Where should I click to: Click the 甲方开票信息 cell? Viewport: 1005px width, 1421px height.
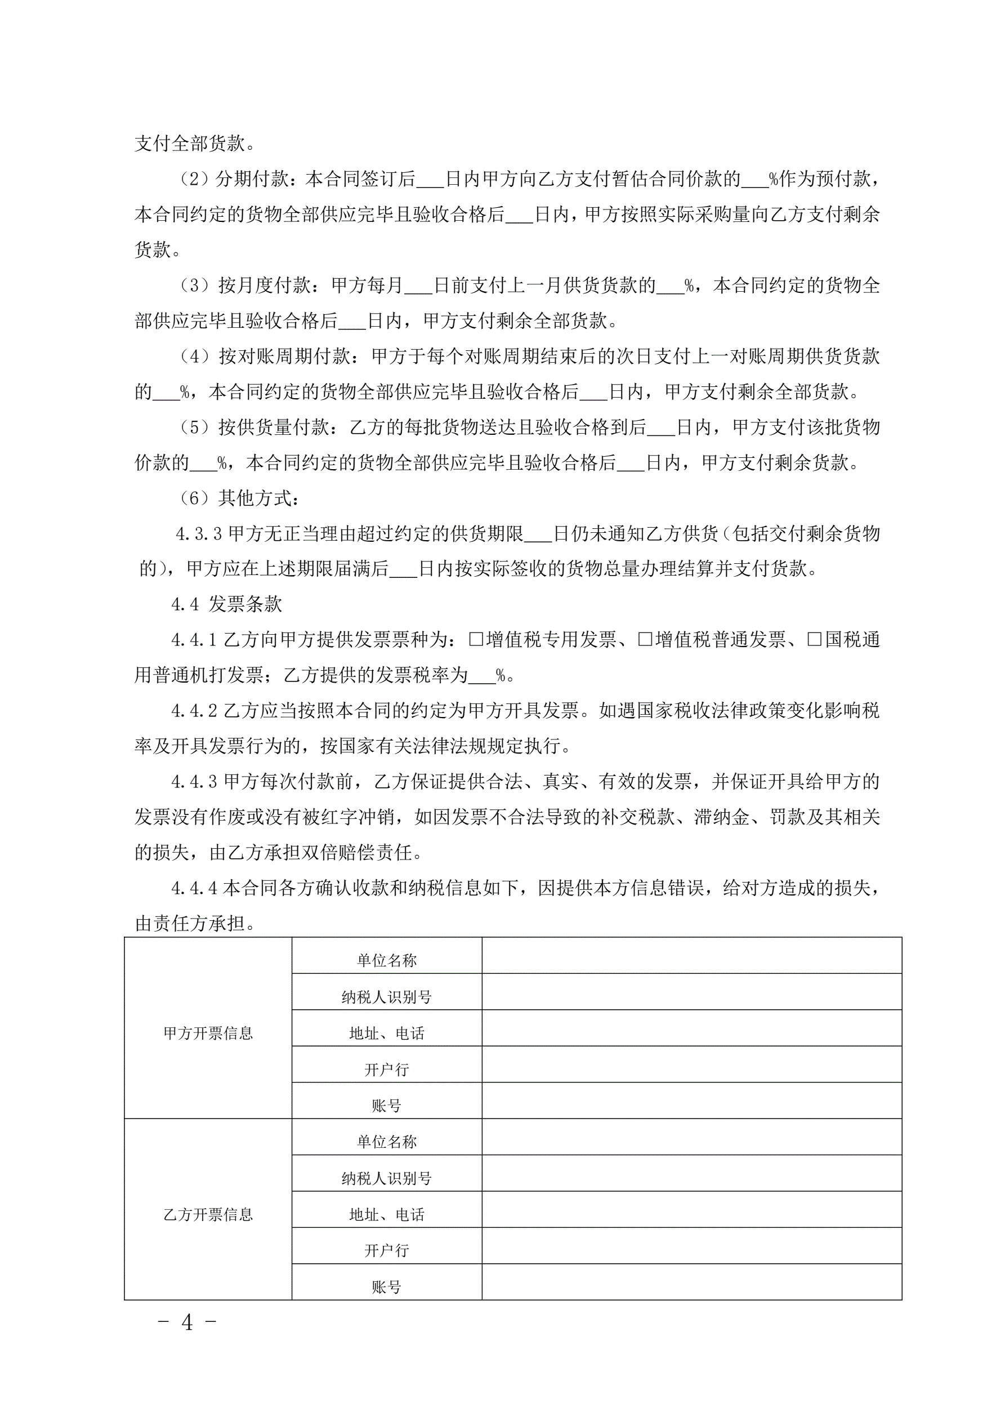(208, 1033)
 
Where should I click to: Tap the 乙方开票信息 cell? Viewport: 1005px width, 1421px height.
(208, 1214)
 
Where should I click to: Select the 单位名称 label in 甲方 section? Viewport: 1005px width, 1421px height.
(387, 960)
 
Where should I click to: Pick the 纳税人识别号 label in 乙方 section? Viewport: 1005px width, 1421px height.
(387, 1178)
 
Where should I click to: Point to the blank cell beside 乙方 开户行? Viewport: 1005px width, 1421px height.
(691, 1250)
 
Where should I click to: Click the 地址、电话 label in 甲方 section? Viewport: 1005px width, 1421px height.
(387, 1033)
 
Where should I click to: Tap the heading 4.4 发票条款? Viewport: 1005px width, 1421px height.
(226, 604)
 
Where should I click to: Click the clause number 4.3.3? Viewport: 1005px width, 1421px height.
(199, 533)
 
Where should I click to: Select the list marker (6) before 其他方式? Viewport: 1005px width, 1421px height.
(194, 498)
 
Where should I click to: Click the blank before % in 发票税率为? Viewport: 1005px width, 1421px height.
(482, 676)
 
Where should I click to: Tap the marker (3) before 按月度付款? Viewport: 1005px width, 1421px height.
(194, 286)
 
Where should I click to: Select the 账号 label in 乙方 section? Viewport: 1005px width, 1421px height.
(387, 1288)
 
